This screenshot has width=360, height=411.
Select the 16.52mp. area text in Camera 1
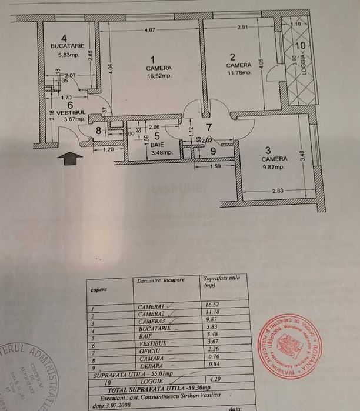pos(158,76)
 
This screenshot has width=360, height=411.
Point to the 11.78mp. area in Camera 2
pos(239,73)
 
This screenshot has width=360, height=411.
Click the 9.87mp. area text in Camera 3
pos(274,167)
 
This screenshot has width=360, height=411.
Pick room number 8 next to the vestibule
pos(98,131)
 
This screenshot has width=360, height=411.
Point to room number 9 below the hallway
pos(213,151)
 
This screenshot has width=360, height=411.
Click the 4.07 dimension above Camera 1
pos(150,29)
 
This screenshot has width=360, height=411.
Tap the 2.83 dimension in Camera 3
pos(278,191)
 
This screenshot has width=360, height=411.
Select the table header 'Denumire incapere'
pos(161,280)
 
